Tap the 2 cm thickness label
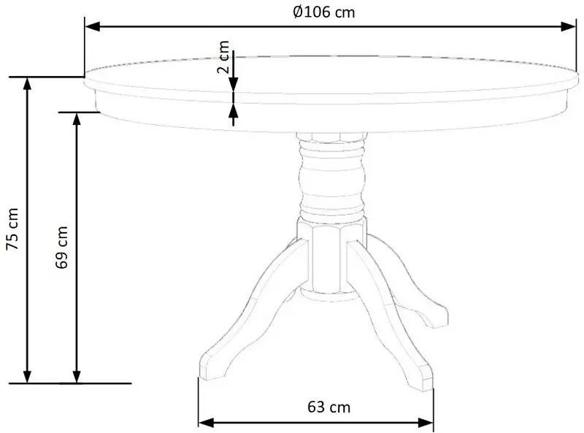click(224, 61)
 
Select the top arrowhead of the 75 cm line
click(28, 83)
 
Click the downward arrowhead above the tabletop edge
click(234, 85)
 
